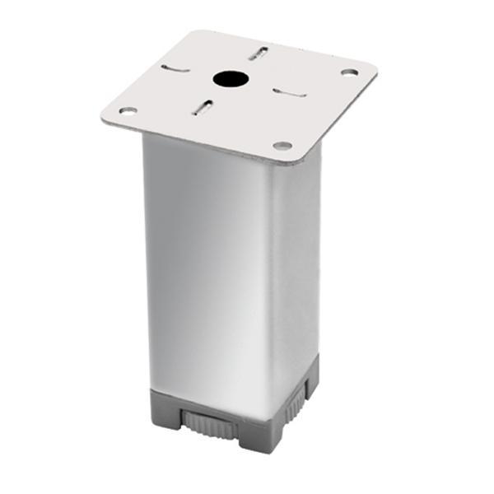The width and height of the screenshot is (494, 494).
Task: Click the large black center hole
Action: pyautogui.click(x=231, y=80)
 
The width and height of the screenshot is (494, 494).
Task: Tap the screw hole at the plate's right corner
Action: pyautogui.click(x=349, y=73)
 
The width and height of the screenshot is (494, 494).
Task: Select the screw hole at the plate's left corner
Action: pyautogui.click(x=127, y=110)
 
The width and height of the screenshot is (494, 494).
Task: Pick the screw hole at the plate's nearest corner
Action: pyautogui.click(x=282, y=146)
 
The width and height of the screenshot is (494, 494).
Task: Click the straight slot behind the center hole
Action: pyautogui.click(x=258, y=54)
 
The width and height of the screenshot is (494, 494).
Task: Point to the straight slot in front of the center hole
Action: pyautogui.click(x=203, y=107)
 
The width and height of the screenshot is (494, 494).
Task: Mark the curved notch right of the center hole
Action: pyautogui.click(x=290, y=92)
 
